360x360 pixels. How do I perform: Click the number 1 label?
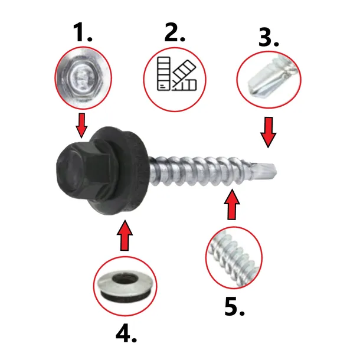(83, 32)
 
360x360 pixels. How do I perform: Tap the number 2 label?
(175, 32)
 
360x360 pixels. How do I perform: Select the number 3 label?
(269, 37)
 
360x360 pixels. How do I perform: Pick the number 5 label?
(234, 306)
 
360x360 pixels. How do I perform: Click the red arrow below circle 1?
(81, 125)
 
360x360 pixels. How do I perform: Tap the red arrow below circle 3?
(268, 132)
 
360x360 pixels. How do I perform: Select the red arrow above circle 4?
(125, 235)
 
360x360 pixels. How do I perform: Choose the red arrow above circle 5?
(232, 204)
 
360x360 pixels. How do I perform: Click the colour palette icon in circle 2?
(177, 74)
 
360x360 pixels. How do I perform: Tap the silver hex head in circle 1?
(83, 77)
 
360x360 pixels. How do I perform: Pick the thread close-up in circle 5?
(234, 257)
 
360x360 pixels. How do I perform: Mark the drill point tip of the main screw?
(276, 172)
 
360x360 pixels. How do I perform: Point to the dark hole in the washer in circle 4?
(125, 279)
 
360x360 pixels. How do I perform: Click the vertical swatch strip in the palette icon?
(163, 73)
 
